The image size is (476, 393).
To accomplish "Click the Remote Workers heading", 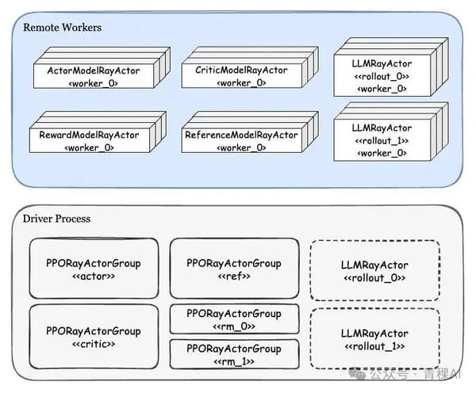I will [x=63, y=28].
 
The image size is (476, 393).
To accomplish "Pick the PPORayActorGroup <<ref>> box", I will [x=234, y=269].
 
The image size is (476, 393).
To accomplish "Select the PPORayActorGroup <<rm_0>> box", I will [x=234, y=320].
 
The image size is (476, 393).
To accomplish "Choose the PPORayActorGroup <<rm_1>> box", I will [x=234, y=355].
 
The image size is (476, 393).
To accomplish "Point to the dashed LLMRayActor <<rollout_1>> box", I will [x=374, y=340].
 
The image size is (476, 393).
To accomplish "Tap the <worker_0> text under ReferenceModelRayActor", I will [x=240, y=147].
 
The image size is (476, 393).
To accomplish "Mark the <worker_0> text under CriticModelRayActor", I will [x=240, y=82].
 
